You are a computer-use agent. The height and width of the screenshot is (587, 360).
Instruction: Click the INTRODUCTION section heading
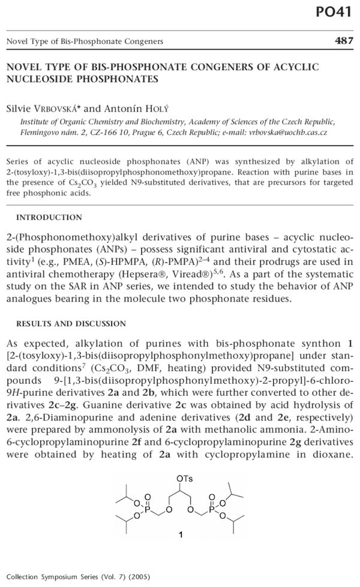coord(49,217)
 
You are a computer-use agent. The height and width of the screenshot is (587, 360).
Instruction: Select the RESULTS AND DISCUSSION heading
coord(71,324)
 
